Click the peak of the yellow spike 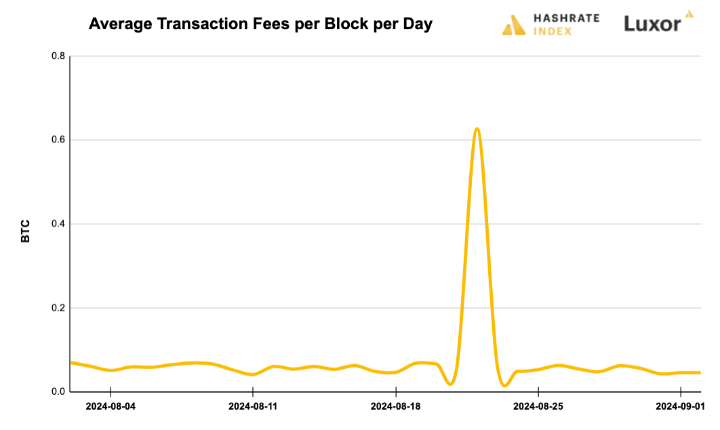coord(477,128)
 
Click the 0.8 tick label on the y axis coord(58,56)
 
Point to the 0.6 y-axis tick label coord(58,140)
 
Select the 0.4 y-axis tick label coord(58,224)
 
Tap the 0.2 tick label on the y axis coord(58,308)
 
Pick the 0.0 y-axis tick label coord(58,392)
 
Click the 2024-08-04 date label coord(111,407)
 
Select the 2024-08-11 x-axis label coord(253,407)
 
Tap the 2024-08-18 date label coord(396,407)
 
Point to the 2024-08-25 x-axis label coord(538,407)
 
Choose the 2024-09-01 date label coord(681,407)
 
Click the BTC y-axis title coord(26,231)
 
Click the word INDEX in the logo coord(553,31)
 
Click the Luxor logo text coord(652,24)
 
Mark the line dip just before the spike coord(451,384)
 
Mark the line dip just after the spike coord(504,385)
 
